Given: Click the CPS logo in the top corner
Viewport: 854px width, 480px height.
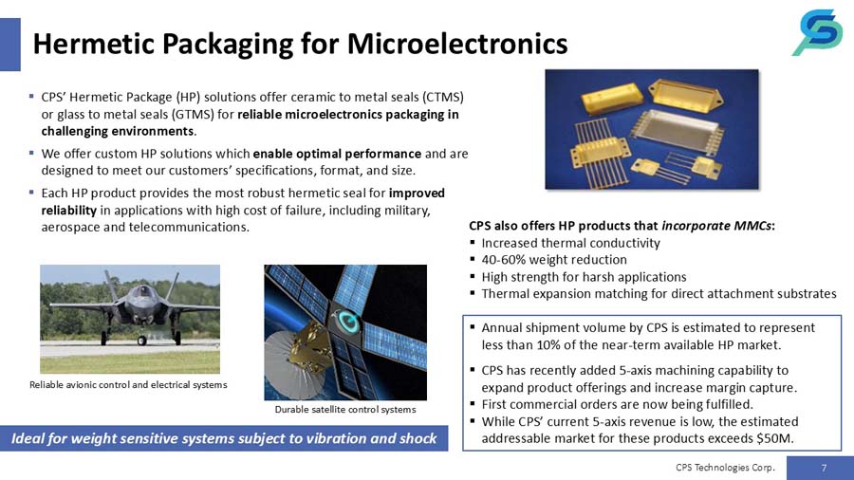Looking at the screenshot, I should click(817, 32).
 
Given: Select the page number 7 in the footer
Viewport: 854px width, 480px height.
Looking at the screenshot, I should click(823, 467).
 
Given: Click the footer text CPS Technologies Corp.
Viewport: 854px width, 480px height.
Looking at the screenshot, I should click(725, 467).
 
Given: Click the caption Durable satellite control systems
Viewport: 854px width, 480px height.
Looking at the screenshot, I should click(345, 410).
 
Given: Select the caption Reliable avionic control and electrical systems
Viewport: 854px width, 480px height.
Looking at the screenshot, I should click(128, 384).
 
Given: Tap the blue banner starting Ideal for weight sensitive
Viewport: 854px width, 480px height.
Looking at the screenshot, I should click(224, 438).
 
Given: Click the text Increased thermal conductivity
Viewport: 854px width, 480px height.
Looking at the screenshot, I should click(570, 243).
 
